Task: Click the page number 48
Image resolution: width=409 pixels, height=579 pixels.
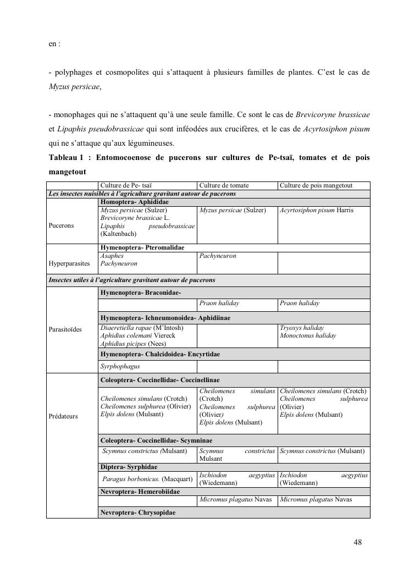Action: tap(357, 543)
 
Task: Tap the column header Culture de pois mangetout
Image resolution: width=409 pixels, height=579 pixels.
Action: tap(316, 186)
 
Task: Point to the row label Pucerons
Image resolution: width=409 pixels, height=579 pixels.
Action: tap(61, 225)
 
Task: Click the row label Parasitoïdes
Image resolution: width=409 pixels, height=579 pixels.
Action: tap(65, 329)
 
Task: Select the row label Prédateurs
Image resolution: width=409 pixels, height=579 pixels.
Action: tap(63, 416)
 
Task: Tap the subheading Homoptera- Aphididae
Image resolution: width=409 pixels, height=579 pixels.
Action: tap(134, 202)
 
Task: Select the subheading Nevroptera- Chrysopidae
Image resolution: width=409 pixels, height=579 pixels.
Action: tap(138, 512)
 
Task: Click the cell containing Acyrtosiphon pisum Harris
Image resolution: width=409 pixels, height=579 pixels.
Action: tap(316, 211)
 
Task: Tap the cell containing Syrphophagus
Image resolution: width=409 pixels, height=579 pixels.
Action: tap(120, 366)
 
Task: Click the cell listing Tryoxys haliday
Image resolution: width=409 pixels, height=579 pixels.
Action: tap(302, 328)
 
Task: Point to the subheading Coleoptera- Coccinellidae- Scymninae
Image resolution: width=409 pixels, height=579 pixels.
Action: tap(156, 440)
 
